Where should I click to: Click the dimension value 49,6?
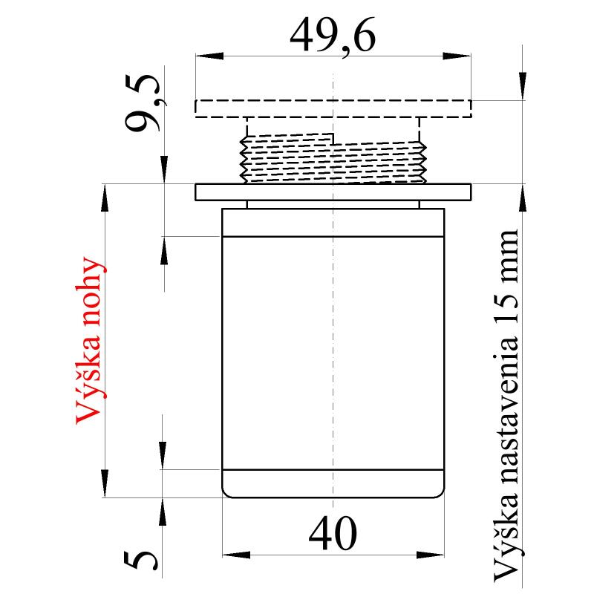point(333,34)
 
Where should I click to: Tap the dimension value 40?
point(333,533)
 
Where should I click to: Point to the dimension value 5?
point(146,559)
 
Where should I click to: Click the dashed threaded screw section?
point(332,157)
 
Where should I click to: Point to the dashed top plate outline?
point(333,108)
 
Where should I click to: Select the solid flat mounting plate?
point(333,192)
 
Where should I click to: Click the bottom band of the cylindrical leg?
point(333,484)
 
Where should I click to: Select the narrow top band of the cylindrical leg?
point(333,223)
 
